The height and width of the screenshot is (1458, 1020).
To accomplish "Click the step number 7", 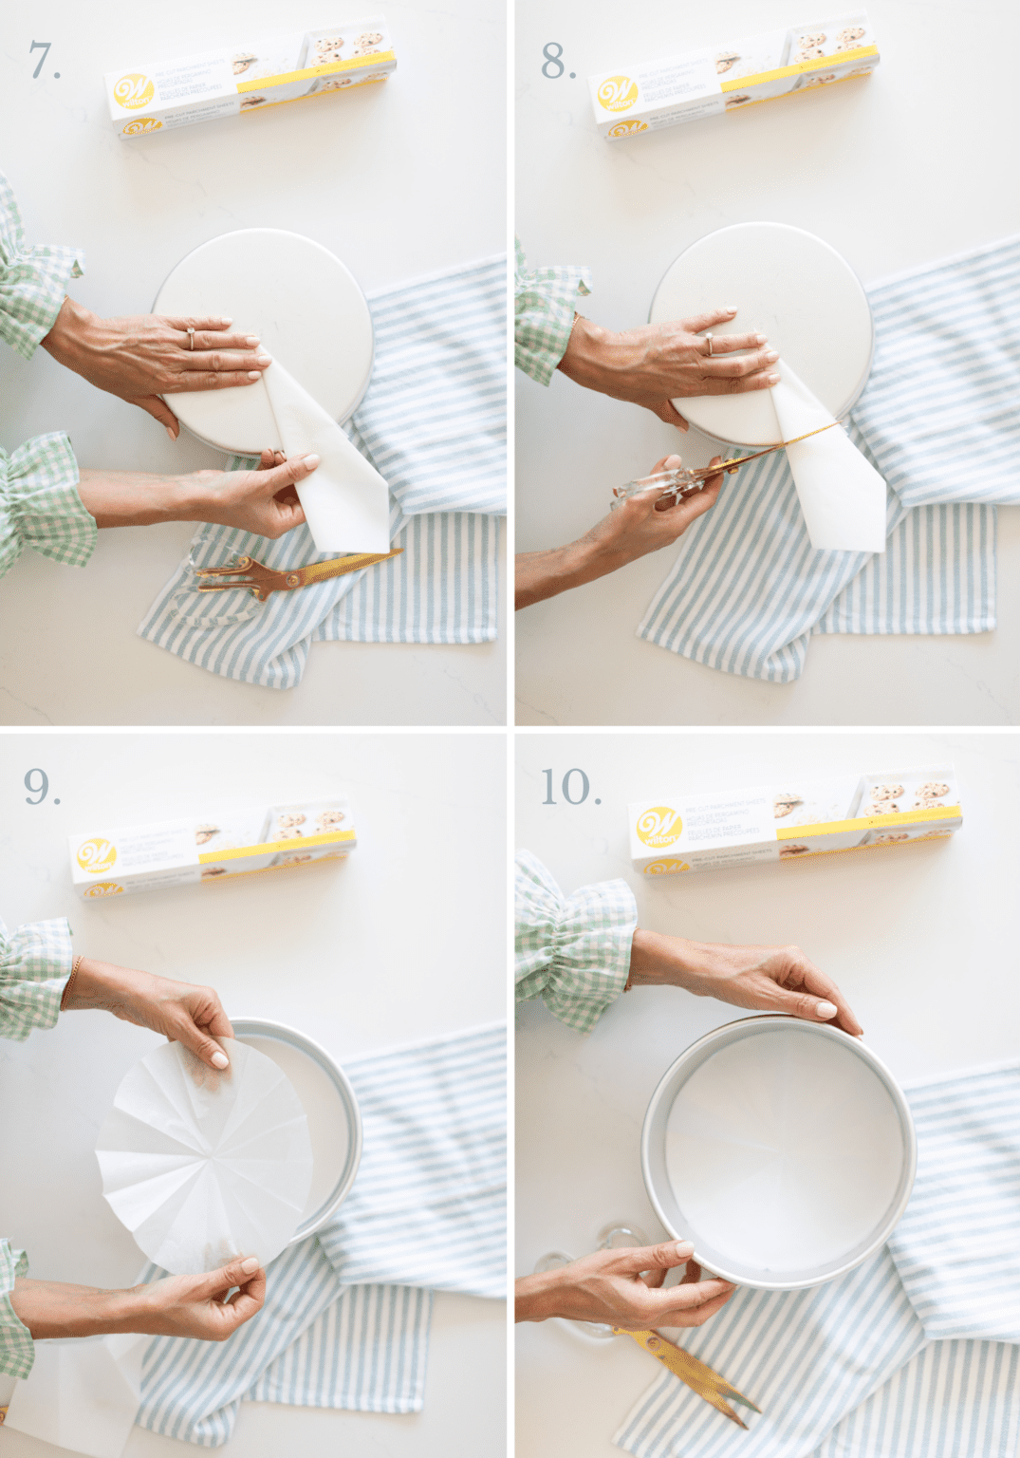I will click(44, 61).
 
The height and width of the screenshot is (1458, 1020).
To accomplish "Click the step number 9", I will click(41, 787).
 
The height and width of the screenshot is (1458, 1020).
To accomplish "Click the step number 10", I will click(569, 787).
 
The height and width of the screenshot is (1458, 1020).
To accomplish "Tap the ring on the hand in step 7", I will click(191, 337).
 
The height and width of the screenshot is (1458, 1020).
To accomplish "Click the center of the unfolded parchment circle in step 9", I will click(205, 1164).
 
